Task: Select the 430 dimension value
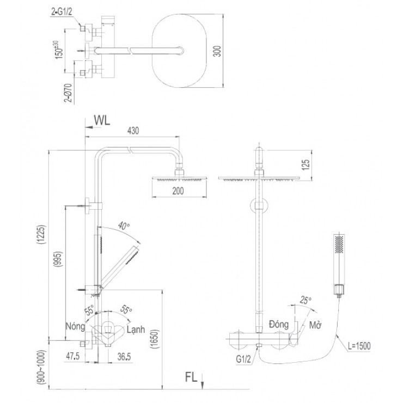pyautogui.click(x=133, y=131)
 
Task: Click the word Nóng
pyautogui.click(x=75, y=326)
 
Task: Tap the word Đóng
pyautogui.click(x=279, y=323)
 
